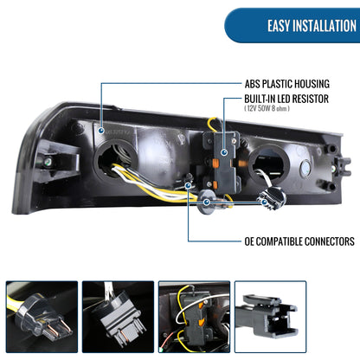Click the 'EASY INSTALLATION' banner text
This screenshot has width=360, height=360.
tap(312, 26)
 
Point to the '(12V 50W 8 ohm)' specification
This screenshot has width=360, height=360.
tap(267, 108)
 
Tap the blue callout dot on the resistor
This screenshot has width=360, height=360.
tap(224, 152)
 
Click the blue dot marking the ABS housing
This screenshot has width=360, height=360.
tap(101, 131)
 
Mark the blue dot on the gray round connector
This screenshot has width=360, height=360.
tap(207, 202)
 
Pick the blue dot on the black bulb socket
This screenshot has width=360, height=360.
tap(264, 202)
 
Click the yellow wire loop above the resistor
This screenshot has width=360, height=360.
tap(213, 124)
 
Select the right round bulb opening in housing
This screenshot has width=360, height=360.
tap(268, 165)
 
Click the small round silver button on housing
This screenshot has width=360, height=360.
tap(305, 168)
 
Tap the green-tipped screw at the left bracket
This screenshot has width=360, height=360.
tap(48, 162)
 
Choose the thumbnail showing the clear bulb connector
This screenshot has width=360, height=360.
tap(42, 317)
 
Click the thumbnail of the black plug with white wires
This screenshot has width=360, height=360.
tap(118, 317)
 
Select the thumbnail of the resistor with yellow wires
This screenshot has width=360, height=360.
tap(194, 317)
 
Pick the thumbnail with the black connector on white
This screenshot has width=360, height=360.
tap(270, 317)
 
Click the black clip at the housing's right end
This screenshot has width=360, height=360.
tap(344, 167)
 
